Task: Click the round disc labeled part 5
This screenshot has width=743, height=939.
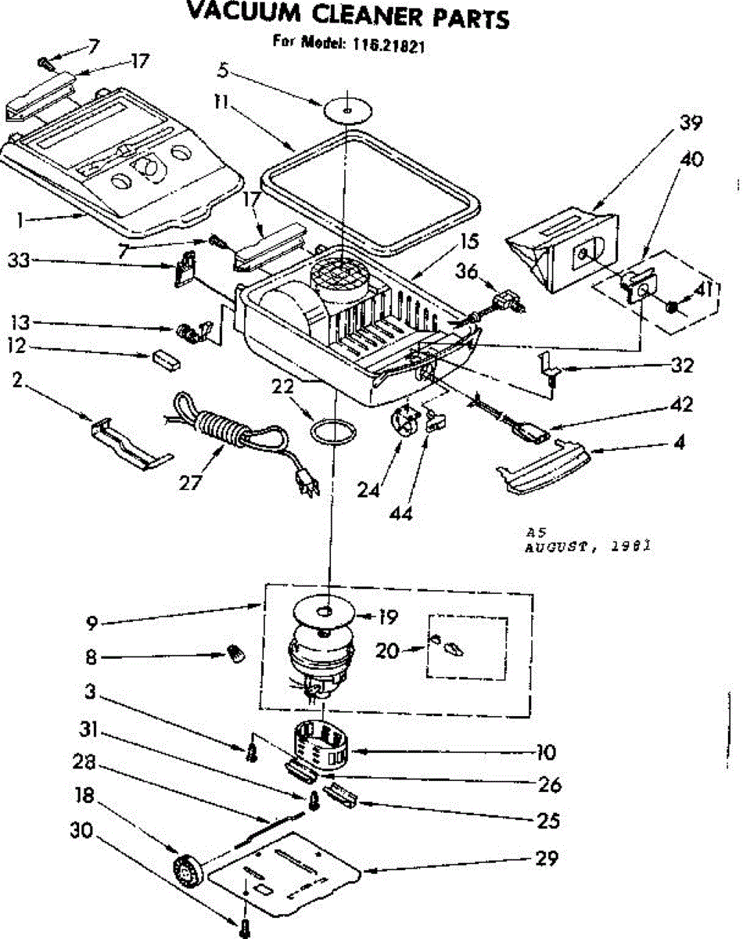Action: point(346,110)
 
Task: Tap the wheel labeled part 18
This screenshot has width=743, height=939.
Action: point(188,869)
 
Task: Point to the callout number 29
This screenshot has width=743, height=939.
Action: point(547,858)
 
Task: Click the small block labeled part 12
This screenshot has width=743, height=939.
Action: point(165,359)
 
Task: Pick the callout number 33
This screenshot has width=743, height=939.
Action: point(19,261)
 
